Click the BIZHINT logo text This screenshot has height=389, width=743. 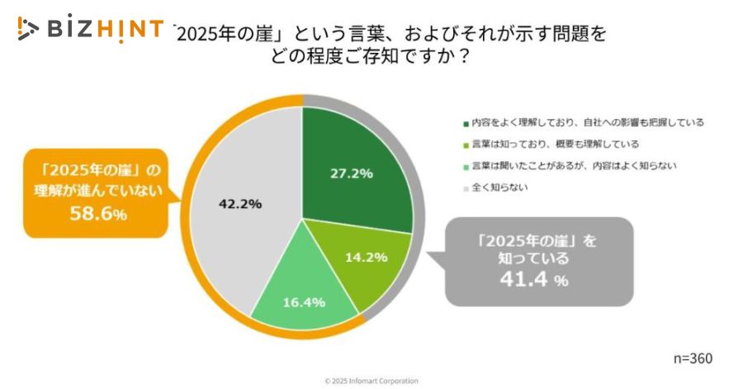pyautogui.click(x=103, y=30)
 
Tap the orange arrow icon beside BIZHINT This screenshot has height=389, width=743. pyautogui.click(x=27, y=30)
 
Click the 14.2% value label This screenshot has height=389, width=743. pyautogui.click(x=366, y=256)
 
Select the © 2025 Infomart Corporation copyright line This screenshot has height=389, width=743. pyautogui.click(x=371, y=381)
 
